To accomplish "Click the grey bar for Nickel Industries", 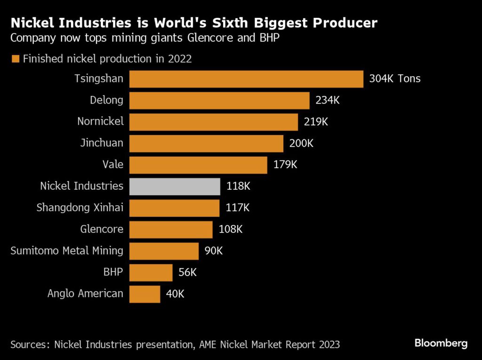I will click(x=175, y=186).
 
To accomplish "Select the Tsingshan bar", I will click(x=246, y=79).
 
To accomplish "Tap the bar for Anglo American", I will click(x=145, y=294).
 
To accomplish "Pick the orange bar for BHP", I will click(x=151, y=272).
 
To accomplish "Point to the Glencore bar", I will click(x=171, y=230).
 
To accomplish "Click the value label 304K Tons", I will click(x=394, y=79).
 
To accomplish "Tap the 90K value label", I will click(x=214, y=251).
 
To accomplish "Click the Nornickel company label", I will click(x=100, y=121).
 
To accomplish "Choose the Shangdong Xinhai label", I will click(x=80, y=208).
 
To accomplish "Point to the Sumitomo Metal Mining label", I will click(x=66, y=251).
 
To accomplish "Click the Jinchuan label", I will click(x=102, y=143).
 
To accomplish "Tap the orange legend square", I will click(x=15, y=59).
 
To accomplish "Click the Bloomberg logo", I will click(x=441, y=343).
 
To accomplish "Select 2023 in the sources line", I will click(x=328, y=344).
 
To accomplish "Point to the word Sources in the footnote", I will click(x=29, y=344).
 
